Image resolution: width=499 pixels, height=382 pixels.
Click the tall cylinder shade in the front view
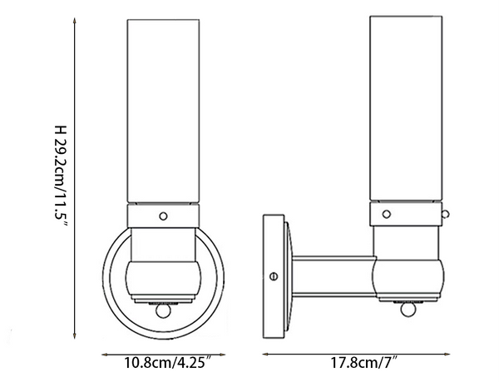(x=163, y=108)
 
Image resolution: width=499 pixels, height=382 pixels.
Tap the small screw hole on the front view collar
(x=164, y=216)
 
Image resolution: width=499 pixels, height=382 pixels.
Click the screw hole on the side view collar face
(x=387, y=215)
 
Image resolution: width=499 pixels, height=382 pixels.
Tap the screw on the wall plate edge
(x=274, y=274)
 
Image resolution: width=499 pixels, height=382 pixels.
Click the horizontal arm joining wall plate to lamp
(x=333, y=274)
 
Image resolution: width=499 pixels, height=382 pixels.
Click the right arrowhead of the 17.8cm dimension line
(x=459, y=354)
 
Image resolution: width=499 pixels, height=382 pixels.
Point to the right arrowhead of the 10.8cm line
(x=223, y=354)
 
